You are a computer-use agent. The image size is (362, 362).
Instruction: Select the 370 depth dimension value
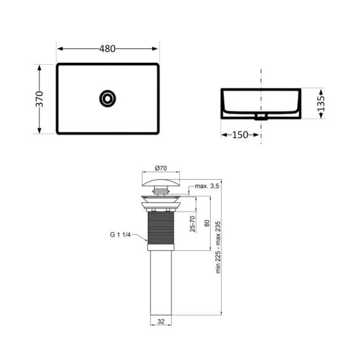coord(39,98)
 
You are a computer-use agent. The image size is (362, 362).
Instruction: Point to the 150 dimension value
coord(240,135)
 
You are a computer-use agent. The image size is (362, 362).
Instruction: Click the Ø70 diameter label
coord(161,168)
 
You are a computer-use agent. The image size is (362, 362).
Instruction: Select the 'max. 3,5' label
coord(207,186)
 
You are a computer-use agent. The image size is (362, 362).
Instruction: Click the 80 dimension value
coord(207,223)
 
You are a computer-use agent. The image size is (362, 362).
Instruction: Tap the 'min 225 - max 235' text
coord(218,246)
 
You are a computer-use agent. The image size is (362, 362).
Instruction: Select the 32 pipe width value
coord(161,322)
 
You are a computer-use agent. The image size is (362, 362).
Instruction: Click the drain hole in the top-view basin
coord(107,98)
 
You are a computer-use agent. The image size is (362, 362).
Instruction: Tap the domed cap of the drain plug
coord(161,183)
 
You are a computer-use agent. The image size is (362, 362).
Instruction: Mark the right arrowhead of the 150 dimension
coord(257,135)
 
